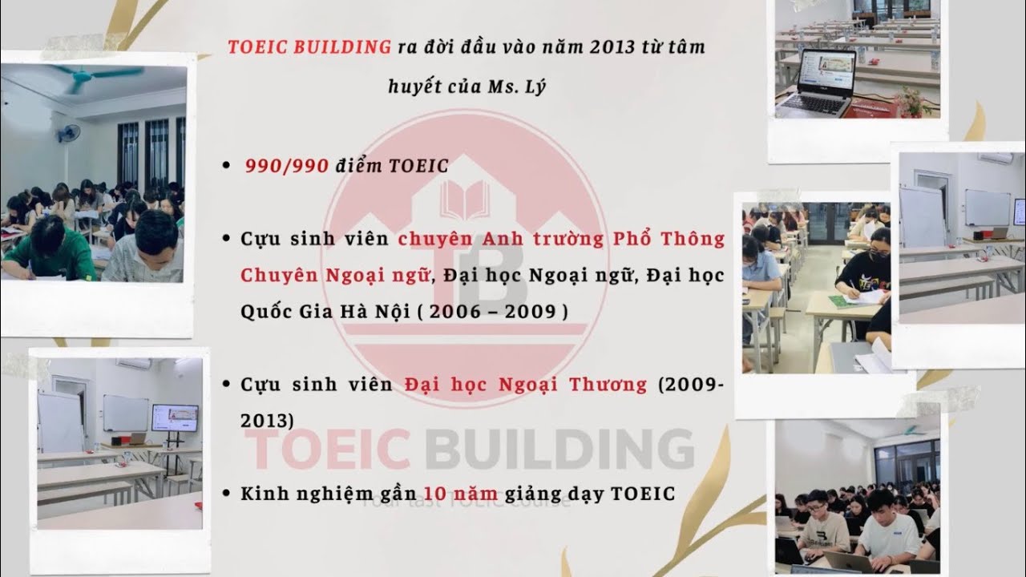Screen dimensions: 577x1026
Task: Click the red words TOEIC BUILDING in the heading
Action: [x=309, y=46]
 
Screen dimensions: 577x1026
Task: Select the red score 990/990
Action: [x=287, y=166]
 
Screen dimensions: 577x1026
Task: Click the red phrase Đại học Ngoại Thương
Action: [x=526, y=384]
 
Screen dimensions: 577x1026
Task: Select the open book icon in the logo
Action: [x=465, y=198]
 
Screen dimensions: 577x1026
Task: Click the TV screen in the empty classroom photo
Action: [x=175, y=418]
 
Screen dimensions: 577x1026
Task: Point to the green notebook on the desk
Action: [x=842, y=301]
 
